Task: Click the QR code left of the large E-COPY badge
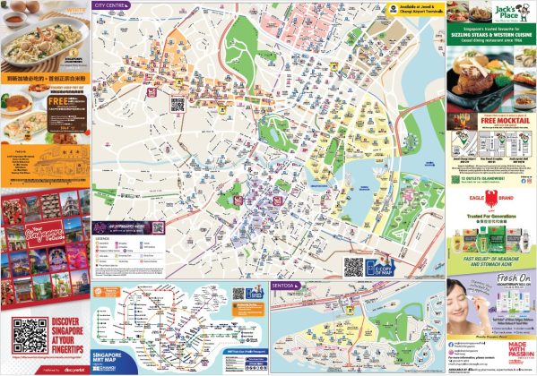(354, 268)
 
